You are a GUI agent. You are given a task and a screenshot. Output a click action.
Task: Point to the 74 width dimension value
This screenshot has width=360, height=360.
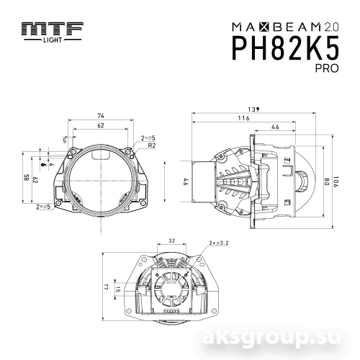click(101, 116)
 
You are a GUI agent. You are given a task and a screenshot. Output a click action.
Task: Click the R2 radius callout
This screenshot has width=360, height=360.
click(152, 145)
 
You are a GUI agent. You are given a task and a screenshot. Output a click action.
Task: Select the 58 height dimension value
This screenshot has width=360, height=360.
click(26, 178)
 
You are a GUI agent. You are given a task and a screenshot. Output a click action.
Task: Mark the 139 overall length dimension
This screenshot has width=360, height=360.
click(253, 109)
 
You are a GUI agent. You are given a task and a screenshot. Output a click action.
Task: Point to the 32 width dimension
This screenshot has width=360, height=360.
click(171, 242)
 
